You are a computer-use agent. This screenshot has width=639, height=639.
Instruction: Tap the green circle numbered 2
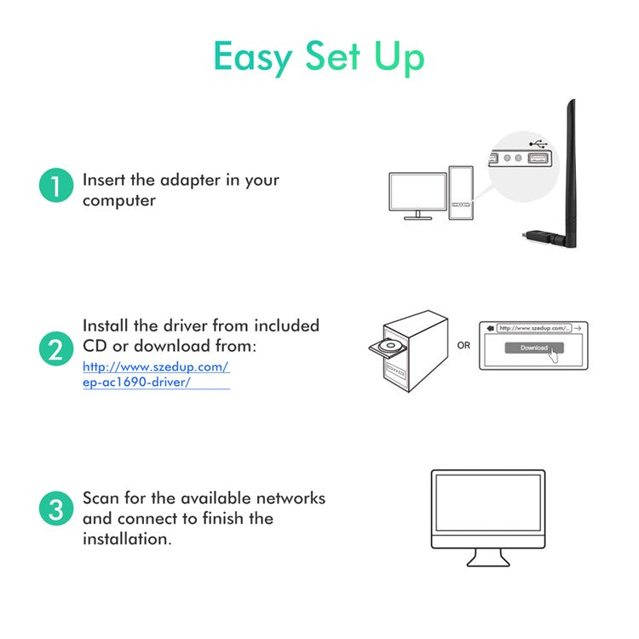(x=55, y=349)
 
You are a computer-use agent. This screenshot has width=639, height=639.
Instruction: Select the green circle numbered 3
(x=55, y=510)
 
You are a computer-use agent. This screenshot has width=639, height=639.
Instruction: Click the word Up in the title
(x=399, y=58)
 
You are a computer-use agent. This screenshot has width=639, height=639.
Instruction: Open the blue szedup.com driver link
(x=156, y=375)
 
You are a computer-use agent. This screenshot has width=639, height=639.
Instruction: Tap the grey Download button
(x=533, y=348)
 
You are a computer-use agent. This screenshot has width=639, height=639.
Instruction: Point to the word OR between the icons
(x=463, y=346)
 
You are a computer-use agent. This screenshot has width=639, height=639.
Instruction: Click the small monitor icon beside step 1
(x=417, y=195)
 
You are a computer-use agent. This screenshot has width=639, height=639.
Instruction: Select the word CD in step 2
(x=97, y=347)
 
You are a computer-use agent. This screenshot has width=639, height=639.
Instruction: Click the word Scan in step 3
(x=101, y=498)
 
